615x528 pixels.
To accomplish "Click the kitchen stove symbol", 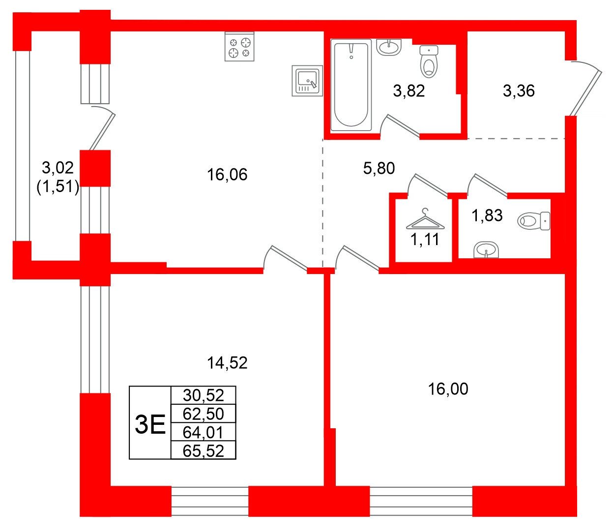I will pos(239,47).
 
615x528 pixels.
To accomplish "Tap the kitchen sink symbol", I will pos(307,81).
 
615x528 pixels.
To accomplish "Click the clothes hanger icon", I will pos(425,220).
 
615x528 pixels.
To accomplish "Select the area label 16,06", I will pos(227,174).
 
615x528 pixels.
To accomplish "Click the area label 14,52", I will pos(227,363).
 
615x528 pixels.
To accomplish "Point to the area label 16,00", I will pos(448,389).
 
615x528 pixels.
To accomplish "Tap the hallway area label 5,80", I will pos(379,168).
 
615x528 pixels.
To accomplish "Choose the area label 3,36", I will pos(519,91).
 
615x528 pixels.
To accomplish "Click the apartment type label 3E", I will pos(150,424).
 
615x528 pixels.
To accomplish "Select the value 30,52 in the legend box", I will pos(203,395).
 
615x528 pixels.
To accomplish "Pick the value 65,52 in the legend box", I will pos(203,450).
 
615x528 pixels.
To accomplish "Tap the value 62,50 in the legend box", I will pos(203,414).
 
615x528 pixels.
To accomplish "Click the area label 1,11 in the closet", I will pos(425,240).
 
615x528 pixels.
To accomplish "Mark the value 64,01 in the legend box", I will pos(203,432).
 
